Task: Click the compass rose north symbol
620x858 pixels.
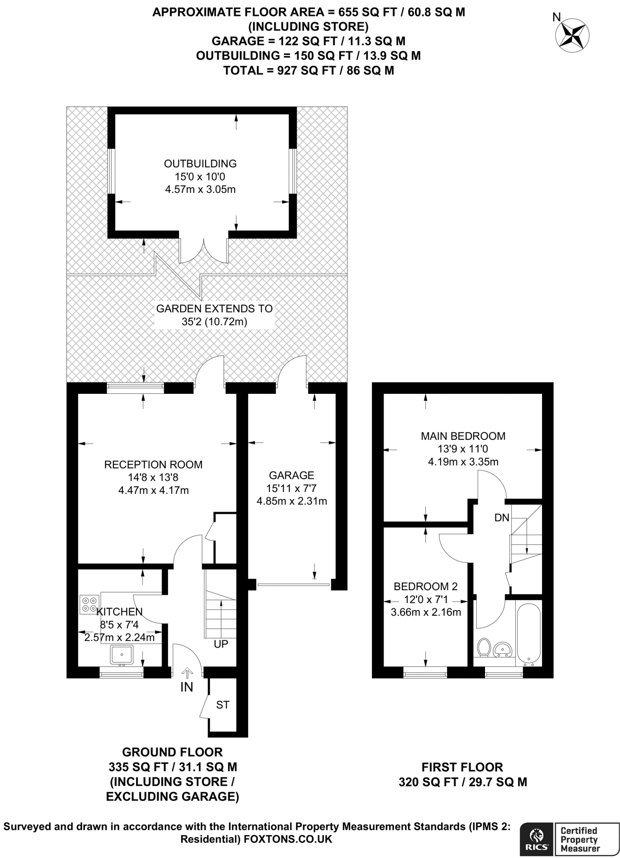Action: click(572, 35)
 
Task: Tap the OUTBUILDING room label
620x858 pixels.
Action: click(200, 163)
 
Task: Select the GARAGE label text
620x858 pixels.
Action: click(291, 475)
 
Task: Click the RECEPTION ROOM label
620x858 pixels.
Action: click(153, 464)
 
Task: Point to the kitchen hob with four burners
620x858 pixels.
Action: click(89, 604)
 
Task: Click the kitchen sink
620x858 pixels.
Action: click(122, 654)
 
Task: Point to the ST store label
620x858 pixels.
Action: click(223, 705)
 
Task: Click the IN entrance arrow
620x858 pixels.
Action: click(187, 673)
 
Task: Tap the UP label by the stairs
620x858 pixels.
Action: click(221, 644)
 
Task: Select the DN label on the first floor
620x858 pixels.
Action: click(501, 518)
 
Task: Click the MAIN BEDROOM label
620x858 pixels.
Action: click(463, 436)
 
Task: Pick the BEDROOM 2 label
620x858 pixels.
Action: click(425, 587)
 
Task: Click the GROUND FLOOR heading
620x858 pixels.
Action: click(172, 752)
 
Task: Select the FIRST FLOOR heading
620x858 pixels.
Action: click(462, 767)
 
